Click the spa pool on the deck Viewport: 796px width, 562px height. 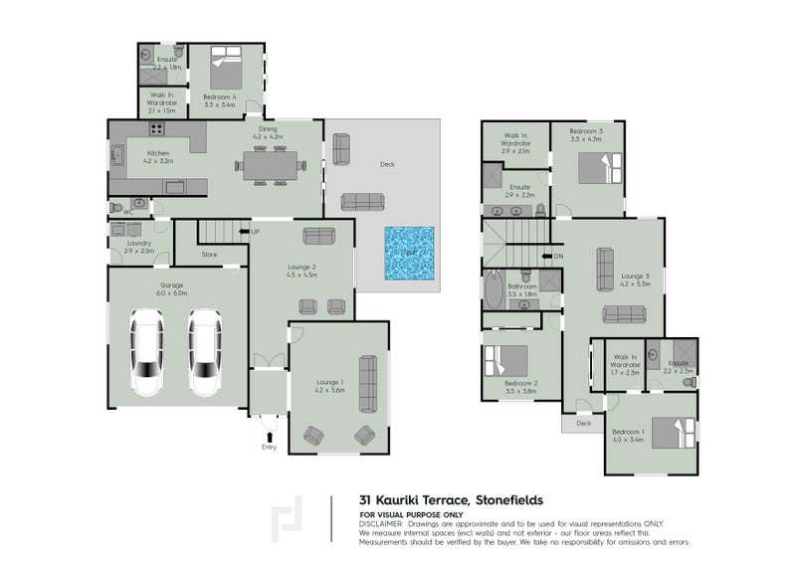(410, 252)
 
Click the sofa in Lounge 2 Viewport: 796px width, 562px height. (318, 236)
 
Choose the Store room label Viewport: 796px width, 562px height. (209, 255)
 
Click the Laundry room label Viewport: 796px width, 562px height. (138, 244)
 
